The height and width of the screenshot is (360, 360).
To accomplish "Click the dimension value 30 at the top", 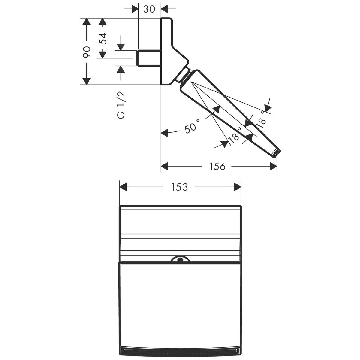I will tap(149, 9).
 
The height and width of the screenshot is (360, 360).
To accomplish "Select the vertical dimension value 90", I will tap(87, 52).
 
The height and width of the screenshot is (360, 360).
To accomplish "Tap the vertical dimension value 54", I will tap(103, 38).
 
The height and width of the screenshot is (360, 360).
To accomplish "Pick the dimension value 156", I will tap(217, 166).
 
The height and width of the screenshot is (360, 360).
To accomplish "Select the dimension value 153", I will tap(179, 187).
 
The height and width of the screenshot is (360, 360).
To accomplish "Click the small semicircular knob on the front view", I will tap(180, 259).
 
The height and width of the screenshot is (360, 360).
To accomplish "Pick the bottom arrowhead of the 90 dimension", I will tap(87, 81).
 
